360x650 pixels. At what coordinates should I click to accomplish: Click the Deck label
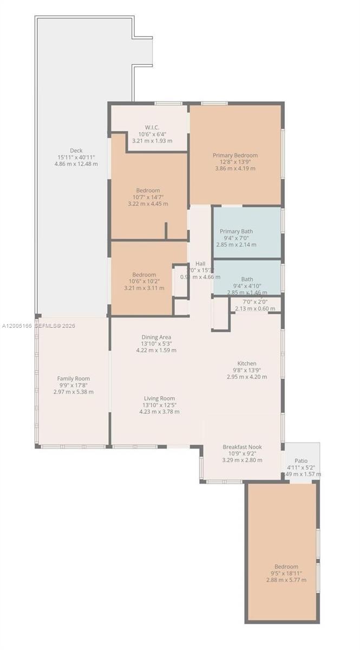[76, 151]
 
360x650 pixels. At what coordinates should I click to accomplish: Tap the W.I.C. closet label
[152, 128]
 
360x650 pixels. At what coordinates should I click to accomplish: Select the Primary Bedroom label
[235, 155]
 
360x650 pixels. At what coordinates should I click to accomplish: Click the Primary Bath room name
[236, 231]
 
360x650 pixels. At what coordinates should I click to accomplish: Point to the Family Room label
[74, 379]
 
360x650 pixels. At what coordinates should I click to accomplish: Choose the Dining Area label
[156, 337]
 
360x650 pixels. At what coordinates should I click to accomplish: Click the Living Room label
[159, 399]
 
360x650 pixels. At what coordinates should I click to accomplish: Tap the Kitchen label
[247, 363]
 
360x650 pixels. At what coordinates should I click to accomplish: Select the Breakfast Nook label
[242, 447]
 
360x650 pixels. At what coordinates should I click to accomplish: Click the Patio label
[302, 460]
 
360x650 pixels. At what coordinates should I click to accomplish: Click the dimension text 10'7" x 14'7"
[148, 197]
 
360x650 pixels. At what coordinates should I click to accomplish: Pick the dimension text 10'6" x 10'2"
[144, 281]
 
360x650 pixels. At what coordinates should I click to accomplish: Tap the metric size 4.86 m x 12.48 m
[76, 164]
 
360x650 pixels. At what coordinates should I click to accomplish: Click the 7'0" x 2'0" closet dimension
[255, 302]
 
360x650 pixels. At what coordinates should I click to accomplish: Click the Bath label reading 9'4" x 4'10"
[247, 286]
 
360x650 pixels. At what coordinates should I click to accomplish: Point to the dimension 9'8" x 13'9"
[247, 370]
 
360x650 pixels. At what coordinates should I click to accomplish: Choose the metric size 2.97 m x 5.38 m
[74, 392]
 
